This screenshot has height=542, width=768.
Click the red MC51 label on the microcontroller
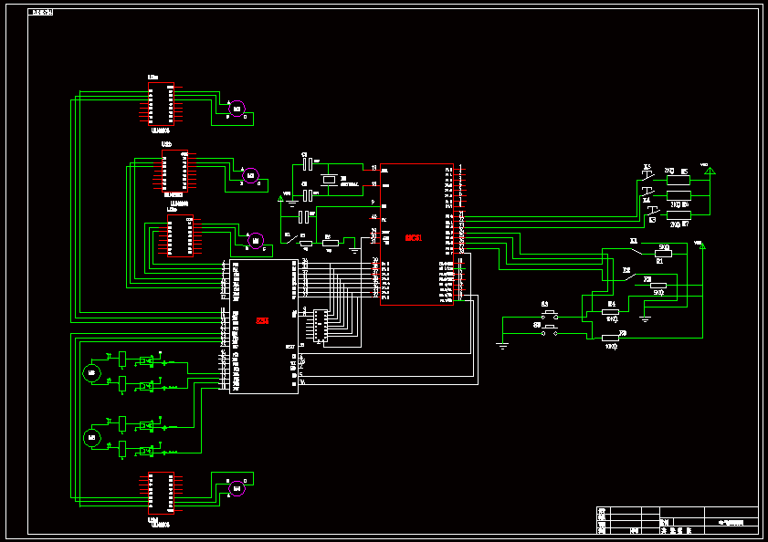click(x=413, y=238)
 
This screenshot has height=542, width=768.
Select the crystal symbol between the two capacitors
click(x=330, y=179)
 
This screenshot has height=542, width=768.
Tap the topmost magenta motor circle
click(x=237, y=109)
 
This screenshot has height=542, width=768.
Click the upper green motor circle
click(x=90, y=372)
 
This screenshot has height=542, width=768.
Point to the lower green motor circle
click(x=90, y=438)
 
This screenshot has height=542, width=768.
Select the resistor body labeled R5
click(x=679, y=181)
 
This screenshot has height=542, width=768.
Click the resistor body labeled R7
click(x=679, y=215)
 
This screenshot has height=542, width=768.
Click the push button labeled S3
click(x=550, y=313)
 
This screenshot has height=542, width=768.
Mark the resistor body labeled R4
click(x=610, y=312)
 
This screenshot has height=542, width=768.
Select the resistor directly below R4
click(x=610, y=338)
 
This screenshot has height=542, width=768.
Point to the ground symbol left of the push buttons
click(x=502, y=344)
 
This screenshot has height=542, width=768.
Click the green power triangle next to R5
click(x=709, y=171)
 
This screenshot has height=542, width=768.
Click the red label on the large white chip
click(x=262, y=321)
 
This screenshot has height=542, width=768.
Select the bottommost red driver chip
click(x=161, y=494)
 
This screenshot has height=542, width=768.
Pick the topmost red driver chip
click(x=161, y=104)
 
